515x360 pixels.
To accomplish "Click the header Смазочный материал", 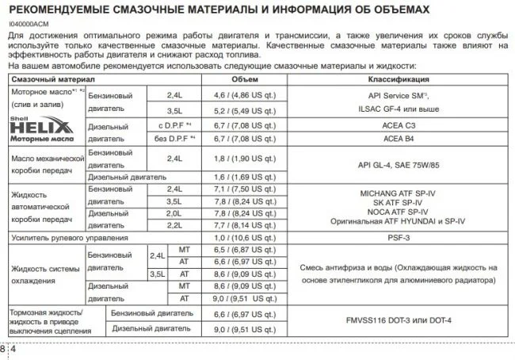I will (52, 80).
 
